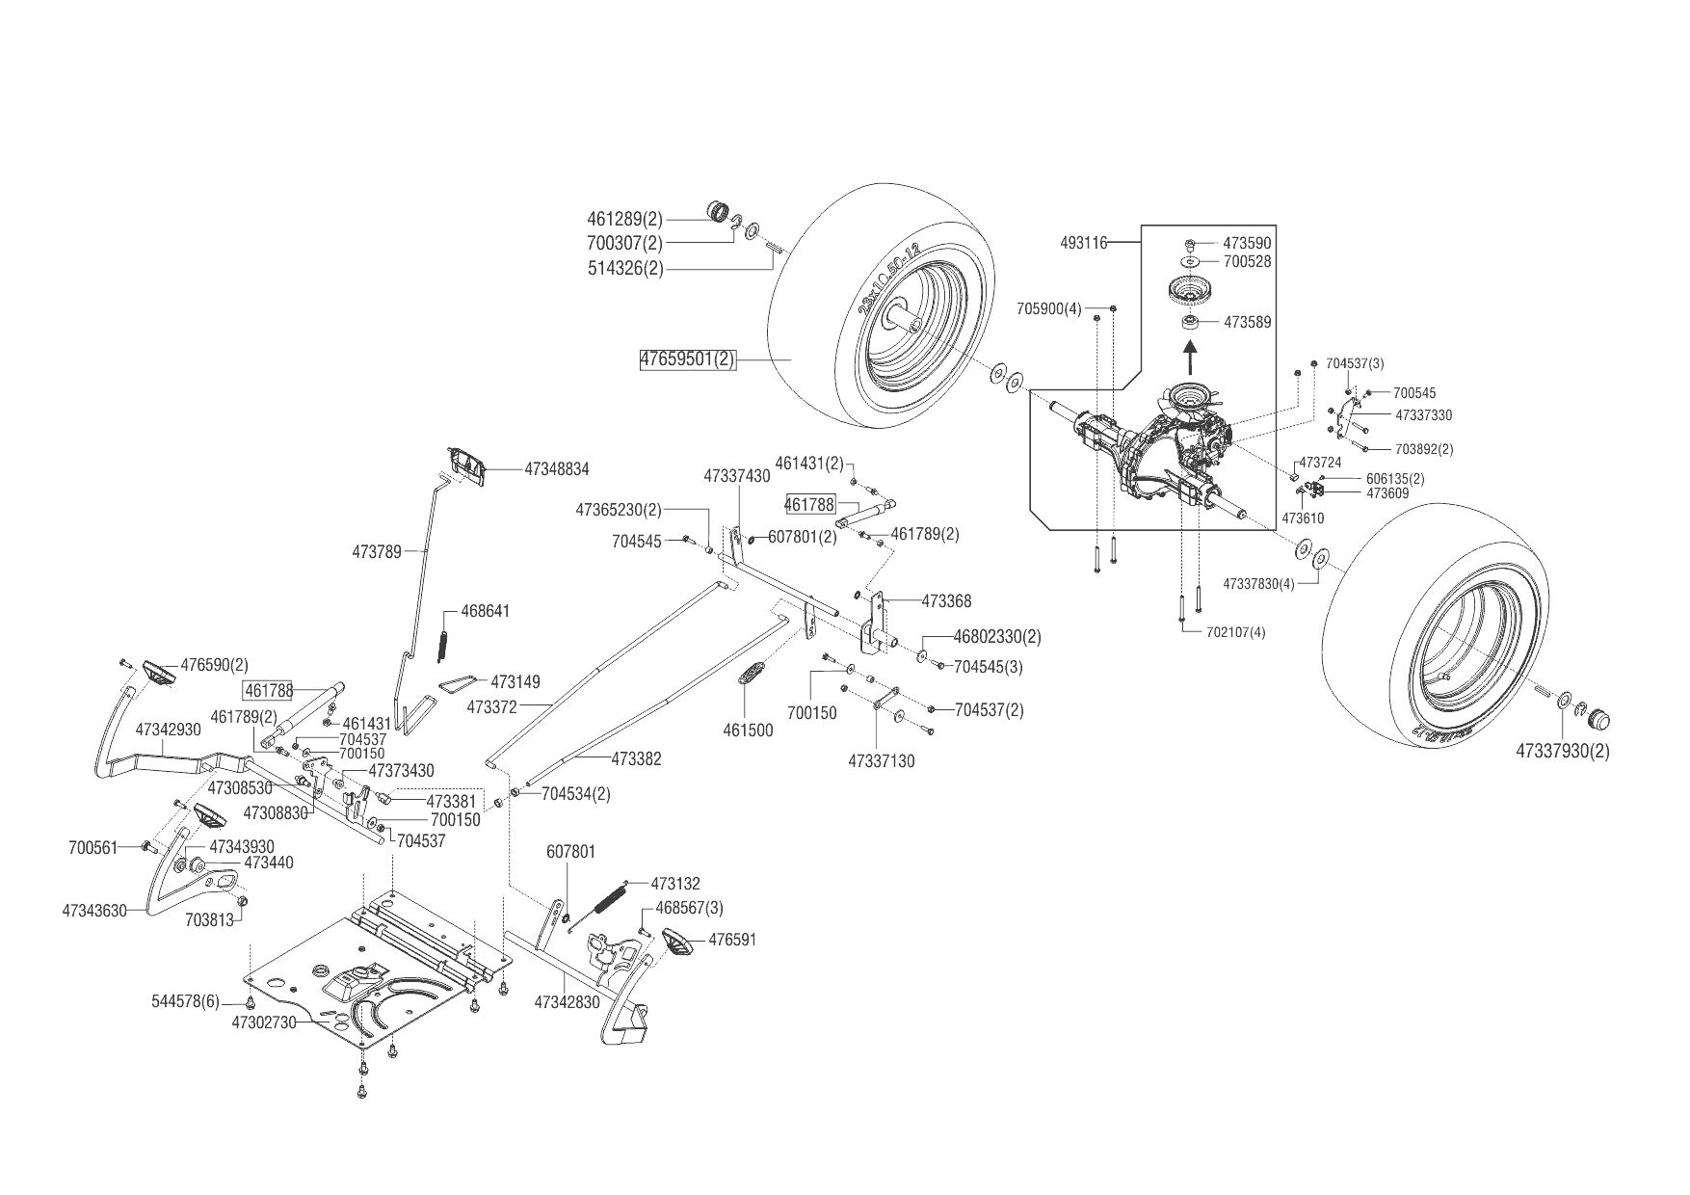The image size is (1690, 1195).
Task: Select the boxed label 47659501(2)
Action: pos(688,360)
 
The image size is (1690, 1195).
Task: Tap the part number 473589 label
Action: pos(1248,323)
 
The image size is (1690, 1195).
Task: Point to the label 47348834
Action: pos(557,469)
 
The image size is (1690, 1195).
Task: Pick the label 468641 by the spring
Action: pos(486,612)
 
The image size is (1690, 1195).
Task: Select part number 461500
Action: pos(748,730)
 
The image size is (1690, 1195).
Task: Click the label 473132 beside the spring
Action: pos(675,884)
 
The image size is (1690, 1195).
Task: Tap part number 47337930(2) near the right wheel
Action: pos(1562,751)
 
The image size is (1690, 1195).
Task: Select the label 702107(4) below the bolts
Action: pos(1236,632)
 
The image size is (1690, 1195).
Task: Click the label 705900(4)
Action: pos(1049,309)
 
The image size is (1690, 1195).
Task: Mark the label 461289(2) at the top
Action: pos(625,219)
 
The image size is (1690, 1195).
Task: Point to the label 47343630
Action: pos(94,910)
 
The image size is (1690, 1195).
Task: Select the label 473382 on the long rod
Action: pos(636,759)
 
